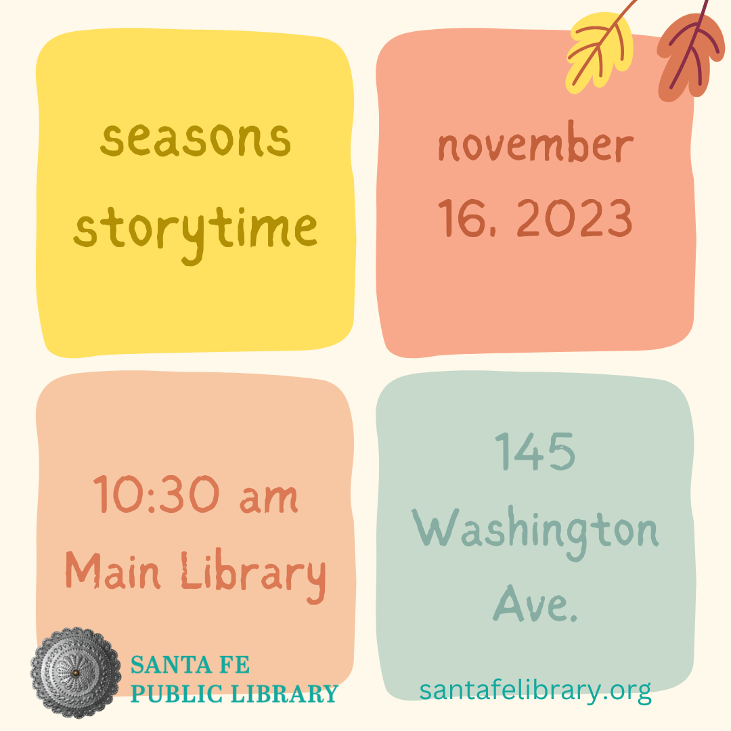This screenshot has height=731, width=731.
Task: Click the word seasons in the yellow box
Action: click(196, 139)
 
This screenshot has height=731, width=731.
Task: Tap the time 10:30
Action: click(160, 495)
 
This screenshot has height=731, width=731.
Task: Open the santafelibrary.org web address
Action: click(535, 690)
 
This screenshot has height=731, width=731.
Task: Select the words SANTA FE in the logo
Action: click(190, 665)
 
